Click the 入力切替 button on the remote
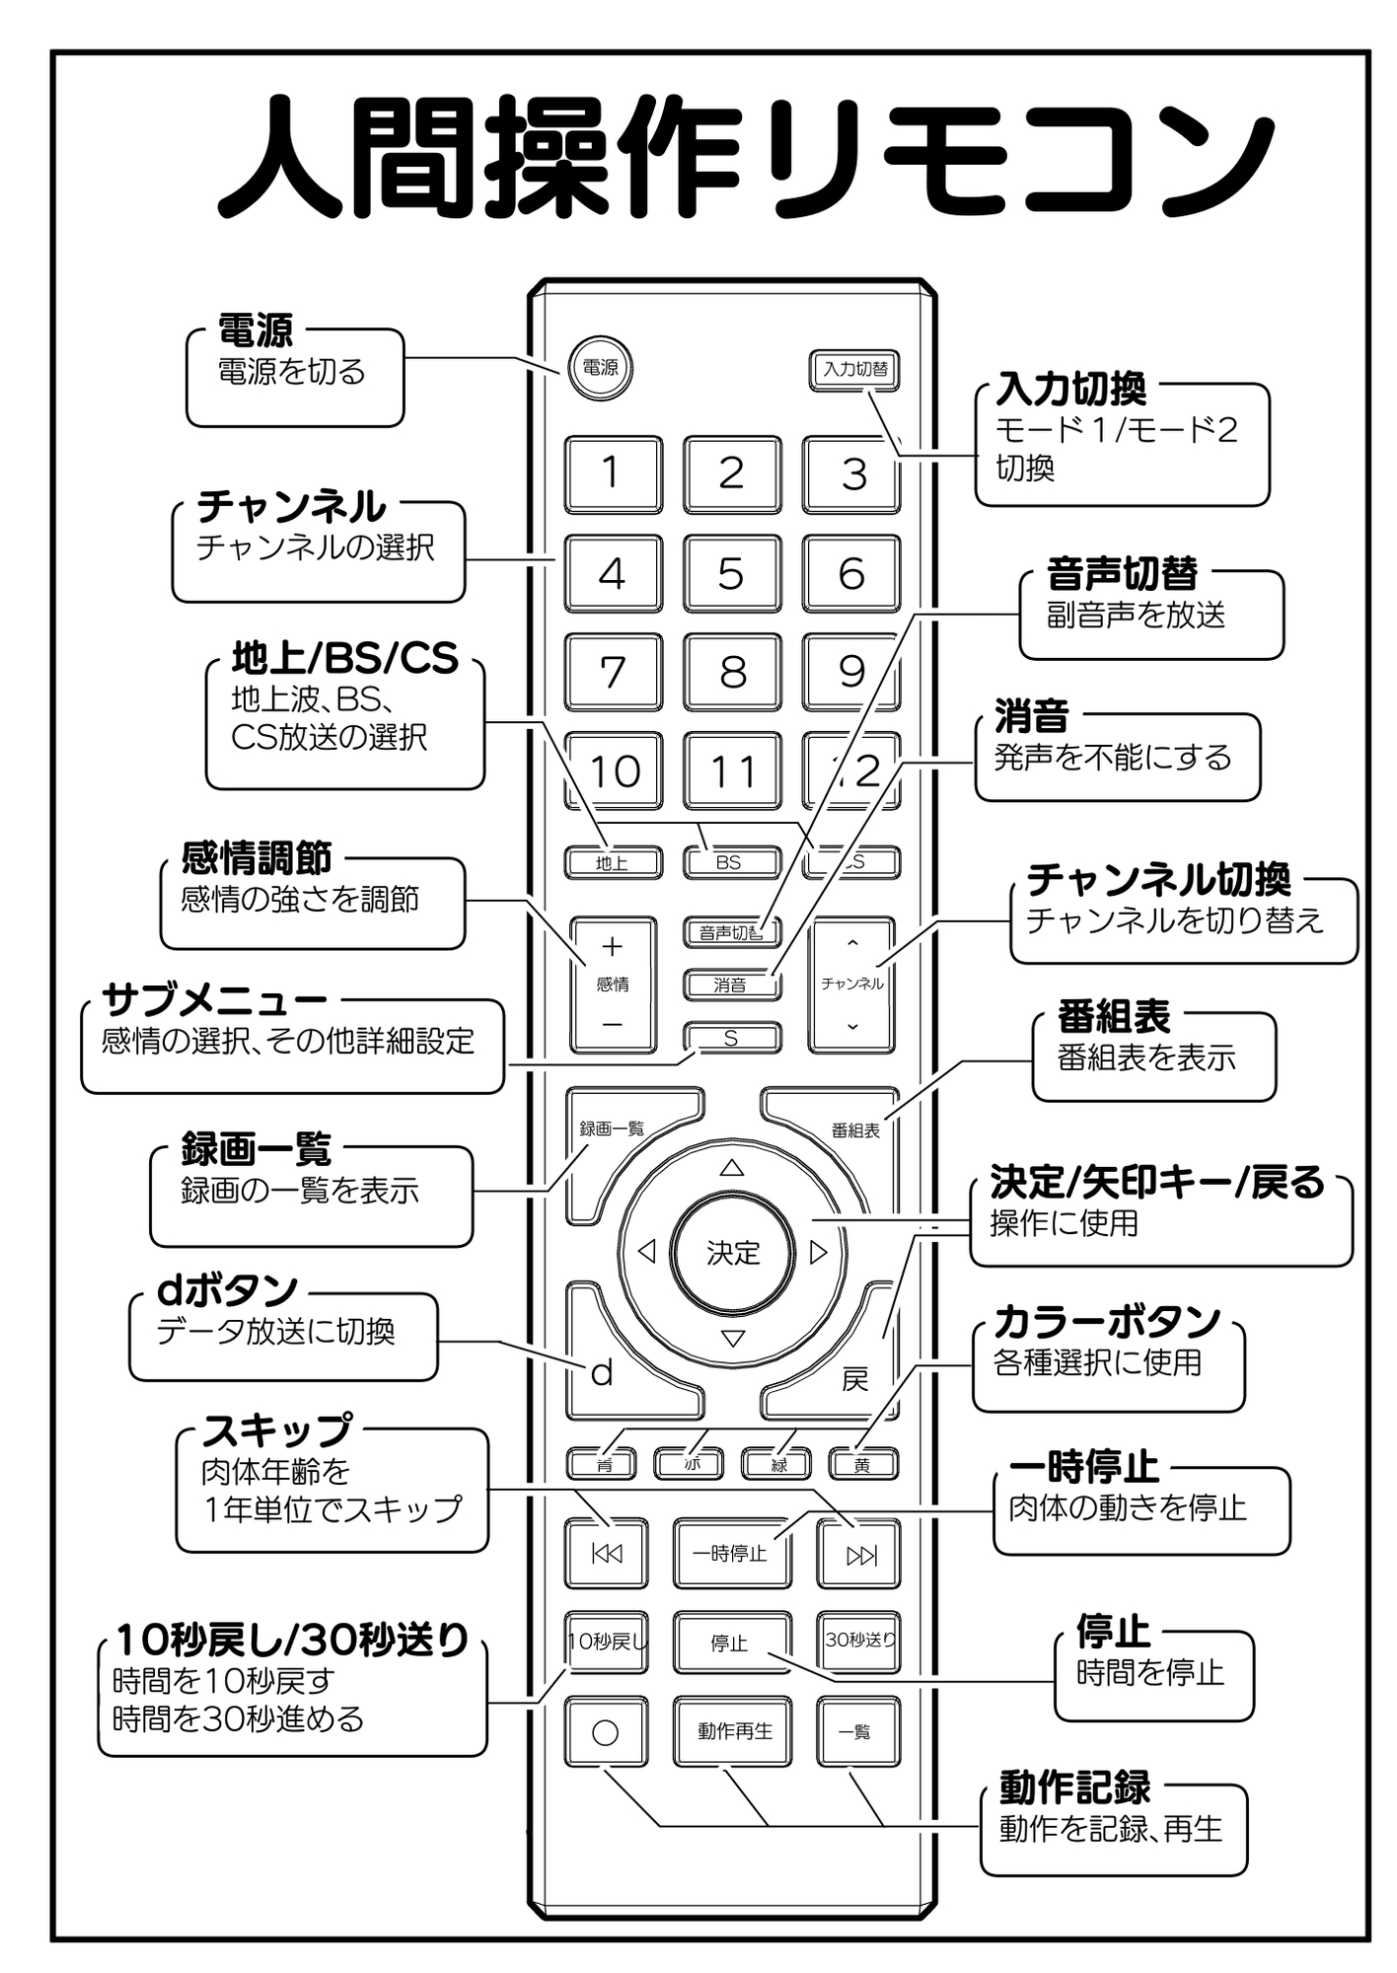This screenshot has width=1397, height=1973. tap(854, 370)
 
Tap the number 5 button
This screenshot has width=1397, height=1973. tap(731, 573)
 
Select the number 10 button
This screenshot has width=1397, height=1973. tap(613, 770)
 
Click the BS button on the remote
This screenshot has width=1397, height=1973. tap(730, 862)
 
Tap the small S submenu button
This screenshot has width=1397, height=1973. tap(731, 1038)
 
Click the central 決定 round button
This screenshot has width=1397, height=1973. tap(732, 1252)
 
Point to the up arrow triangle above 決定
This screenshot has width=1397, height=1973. tap(731, 1168)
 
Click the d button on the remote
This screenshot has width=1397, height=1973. tap(602, 1372)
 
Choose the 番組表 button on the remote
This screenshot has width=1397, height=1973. tap(854, 1130)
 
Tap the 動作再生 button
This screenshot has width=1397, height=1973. tap(733, 1731)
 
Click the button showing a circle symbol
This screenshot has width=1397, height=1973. tap(606, 1732)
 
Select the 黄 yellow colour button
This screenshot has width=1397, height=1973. tap(862, 1465)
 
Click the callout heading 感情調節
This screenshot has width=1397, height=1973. tap(256, 858)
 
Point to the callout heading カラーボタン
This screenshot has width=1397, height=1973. tap(1107, 1321)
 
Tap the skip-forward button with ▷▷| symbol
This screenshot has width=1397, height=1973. tap(859, 1556)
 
